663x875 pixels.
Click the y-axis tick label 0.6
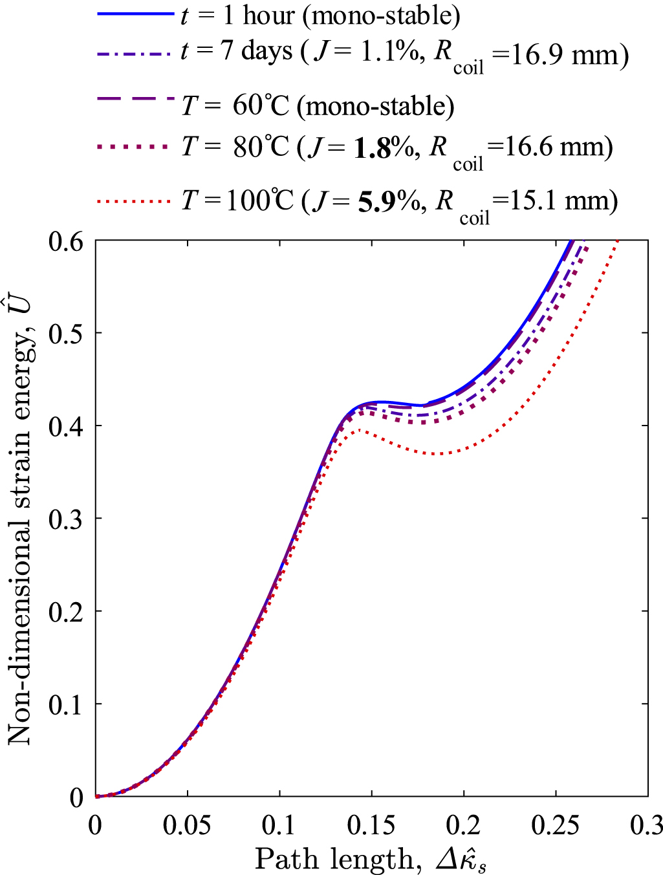click(66, 241)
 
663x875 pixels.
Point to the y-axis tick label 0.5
click(66, 334)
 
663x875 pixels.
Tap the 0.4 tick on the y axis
click(66, 426)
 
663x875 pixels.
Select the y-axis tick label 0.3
click(66, 519)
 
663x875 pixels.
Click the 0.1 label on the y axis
click(66, 704)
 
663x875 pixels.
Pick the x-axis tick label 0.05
click(187, 826)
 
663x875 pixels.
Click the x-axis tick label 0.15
click(371, 826)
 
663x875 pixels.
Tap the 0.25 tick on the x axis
click(555, 826)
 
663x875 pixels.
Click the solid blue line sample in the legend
click(136, 14)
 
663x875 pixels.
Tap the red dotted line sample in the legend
click(136, 202)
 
